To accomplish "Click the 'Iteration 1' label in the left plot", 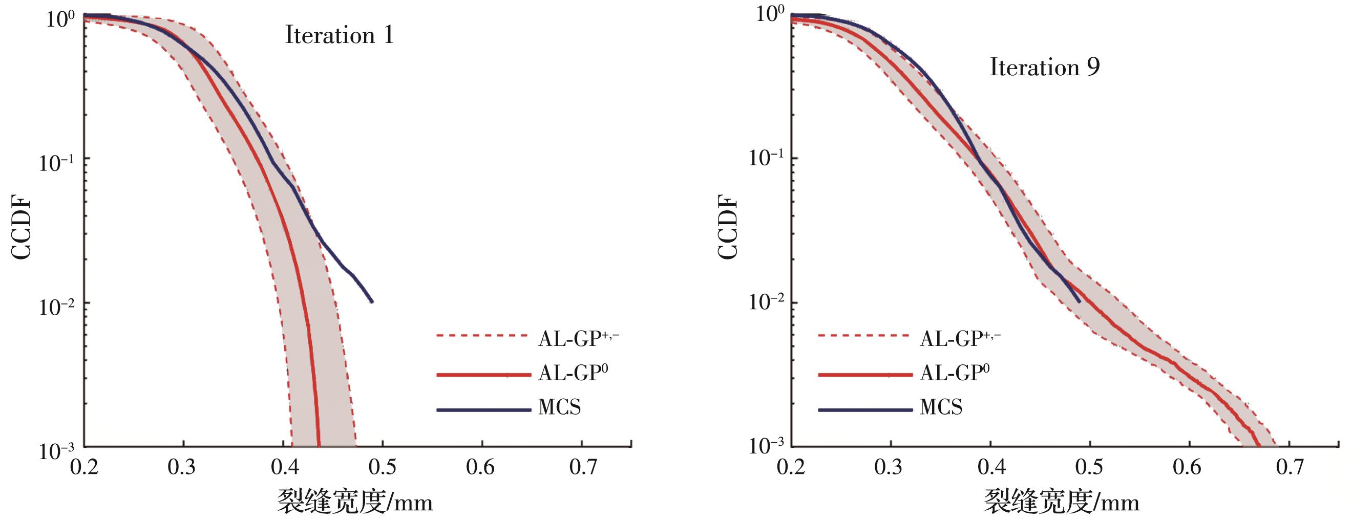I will [339, 36].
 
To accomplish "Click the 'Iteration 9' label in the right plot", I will [1044, 68].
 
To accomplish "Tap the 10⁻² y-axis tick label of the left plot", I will [57, 306].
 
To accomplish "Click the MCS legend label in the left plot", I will [559, 407].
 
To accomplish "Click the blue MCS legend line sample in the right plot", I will [864, 409].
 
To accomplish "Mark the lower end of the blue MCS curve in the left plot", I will [372, 301].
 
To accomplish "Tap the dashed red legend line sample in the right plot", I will [863, 335].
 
